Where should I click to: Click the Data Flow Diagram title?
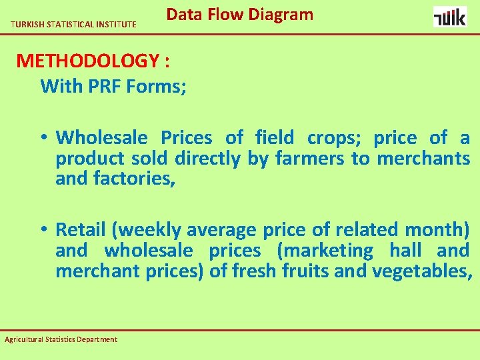pos(239,15)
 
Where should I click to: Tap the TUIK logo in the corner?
pos(450,16)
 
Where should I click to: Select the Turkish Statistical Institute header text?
pos(73,25)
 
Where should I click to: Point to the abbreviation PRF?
pos(102,86)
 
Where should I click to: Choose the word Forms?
pos(153,86)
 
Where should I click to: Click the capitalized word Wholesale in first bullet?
pos(102,138)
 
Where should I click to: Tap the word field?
pos(274,138)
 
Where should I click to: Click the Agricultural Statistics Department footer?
pos(61,339)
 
